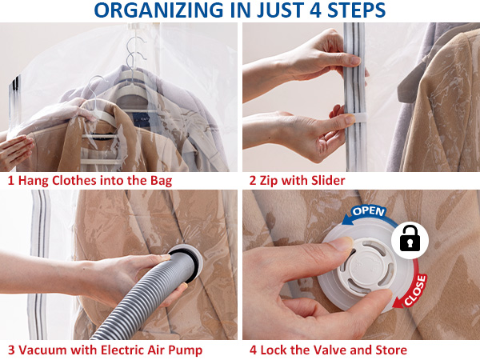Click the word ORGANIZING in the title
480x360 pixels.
(x=158, y=10)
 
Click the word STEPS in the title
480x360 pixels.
(x=357, y=10)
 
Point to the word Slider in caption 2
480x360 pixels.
(x=328, y=180)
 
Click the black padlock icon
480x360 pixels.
(x=410, y=238)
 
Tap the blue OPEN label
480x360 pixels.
(x=368, y=211)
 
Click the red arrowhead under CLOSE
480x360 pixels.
(x=398, y=303)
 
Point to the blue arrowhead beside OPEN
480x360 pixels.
(x=348, y=219)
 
